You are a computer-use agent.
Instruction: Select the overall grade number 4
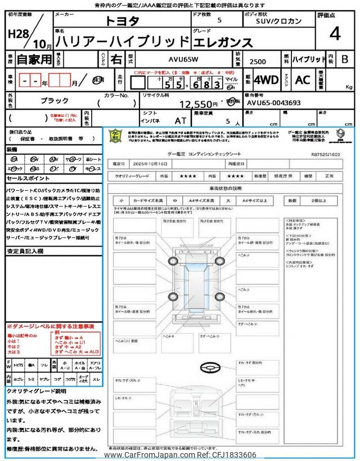335,34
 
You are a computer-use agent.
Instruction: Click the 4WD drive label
266,80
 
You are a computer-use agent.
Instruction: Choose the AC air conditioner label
302,80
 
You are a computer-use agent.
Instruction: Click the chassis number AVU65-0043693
273,103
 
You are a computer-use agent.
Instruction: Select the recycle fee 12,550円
198,104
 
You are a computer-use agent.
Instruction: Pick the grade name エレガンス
224,41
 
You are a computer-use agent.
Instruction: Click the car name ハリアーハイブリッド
123,41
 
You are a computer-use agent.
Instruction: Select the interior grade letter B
345,59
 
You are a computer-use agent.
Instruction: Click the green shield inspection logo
115,137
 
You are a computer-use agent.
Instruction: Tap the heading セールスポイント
28,178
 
